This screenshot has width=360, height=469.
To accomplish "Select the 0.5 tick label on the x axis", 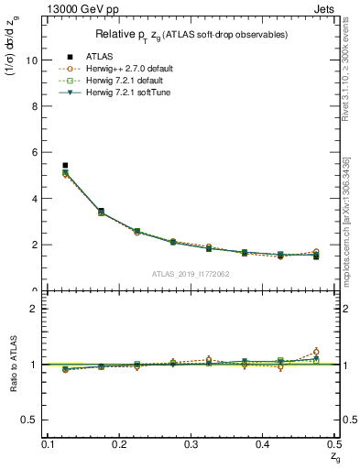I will [x=334, y=444].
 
